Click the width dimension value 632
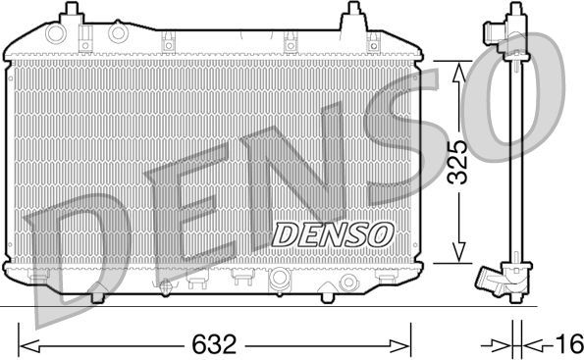tap(215, 344)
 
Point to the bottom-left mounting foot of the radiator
tap(98, 291)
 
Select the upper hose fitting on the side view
tap(492, 31)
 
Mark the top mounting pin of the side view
tap(513, 10)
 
